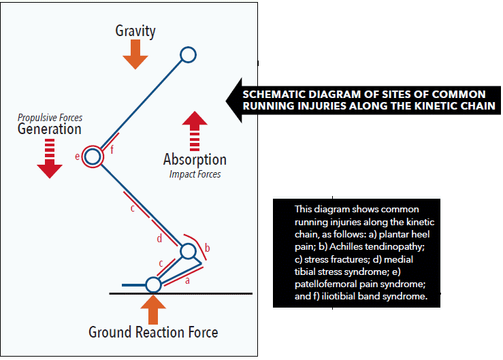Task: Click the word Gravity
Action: pos(135,31)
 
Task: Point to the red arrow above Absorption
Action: pos(195,129)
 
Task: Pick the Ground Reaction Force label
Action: pos(153,332)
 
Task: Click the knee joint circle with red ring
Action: pos(93,157)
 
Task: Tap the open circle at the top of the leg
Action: pos(188,54)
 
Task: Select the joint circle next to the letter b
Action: pos(188,251)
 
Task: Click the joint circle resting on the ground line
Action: pos(153,284)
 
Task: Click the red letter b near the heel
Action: pos(207,246)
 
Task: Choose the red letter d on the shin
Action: pos(159,238)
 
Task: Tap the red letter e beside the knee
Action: pos(78,157)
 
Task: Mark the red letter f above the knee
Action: pos(112,150)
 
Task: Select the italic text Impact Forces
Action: pos(195,174)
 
